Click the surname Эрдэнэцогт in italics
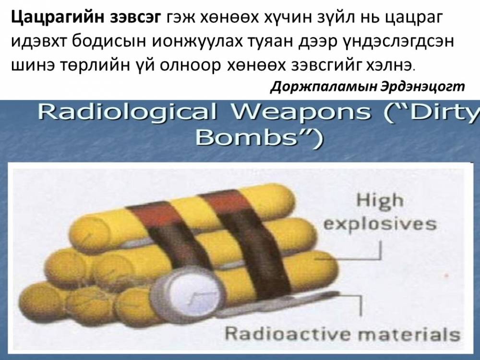pyautogui.click(x=422, y=87)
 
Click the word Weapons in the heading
pyautogui.click(x=301, y=113)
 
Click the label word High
pyautogui.click(x=380, y=202)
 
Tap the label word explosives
pyautogui.click(x=380, y=224)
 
